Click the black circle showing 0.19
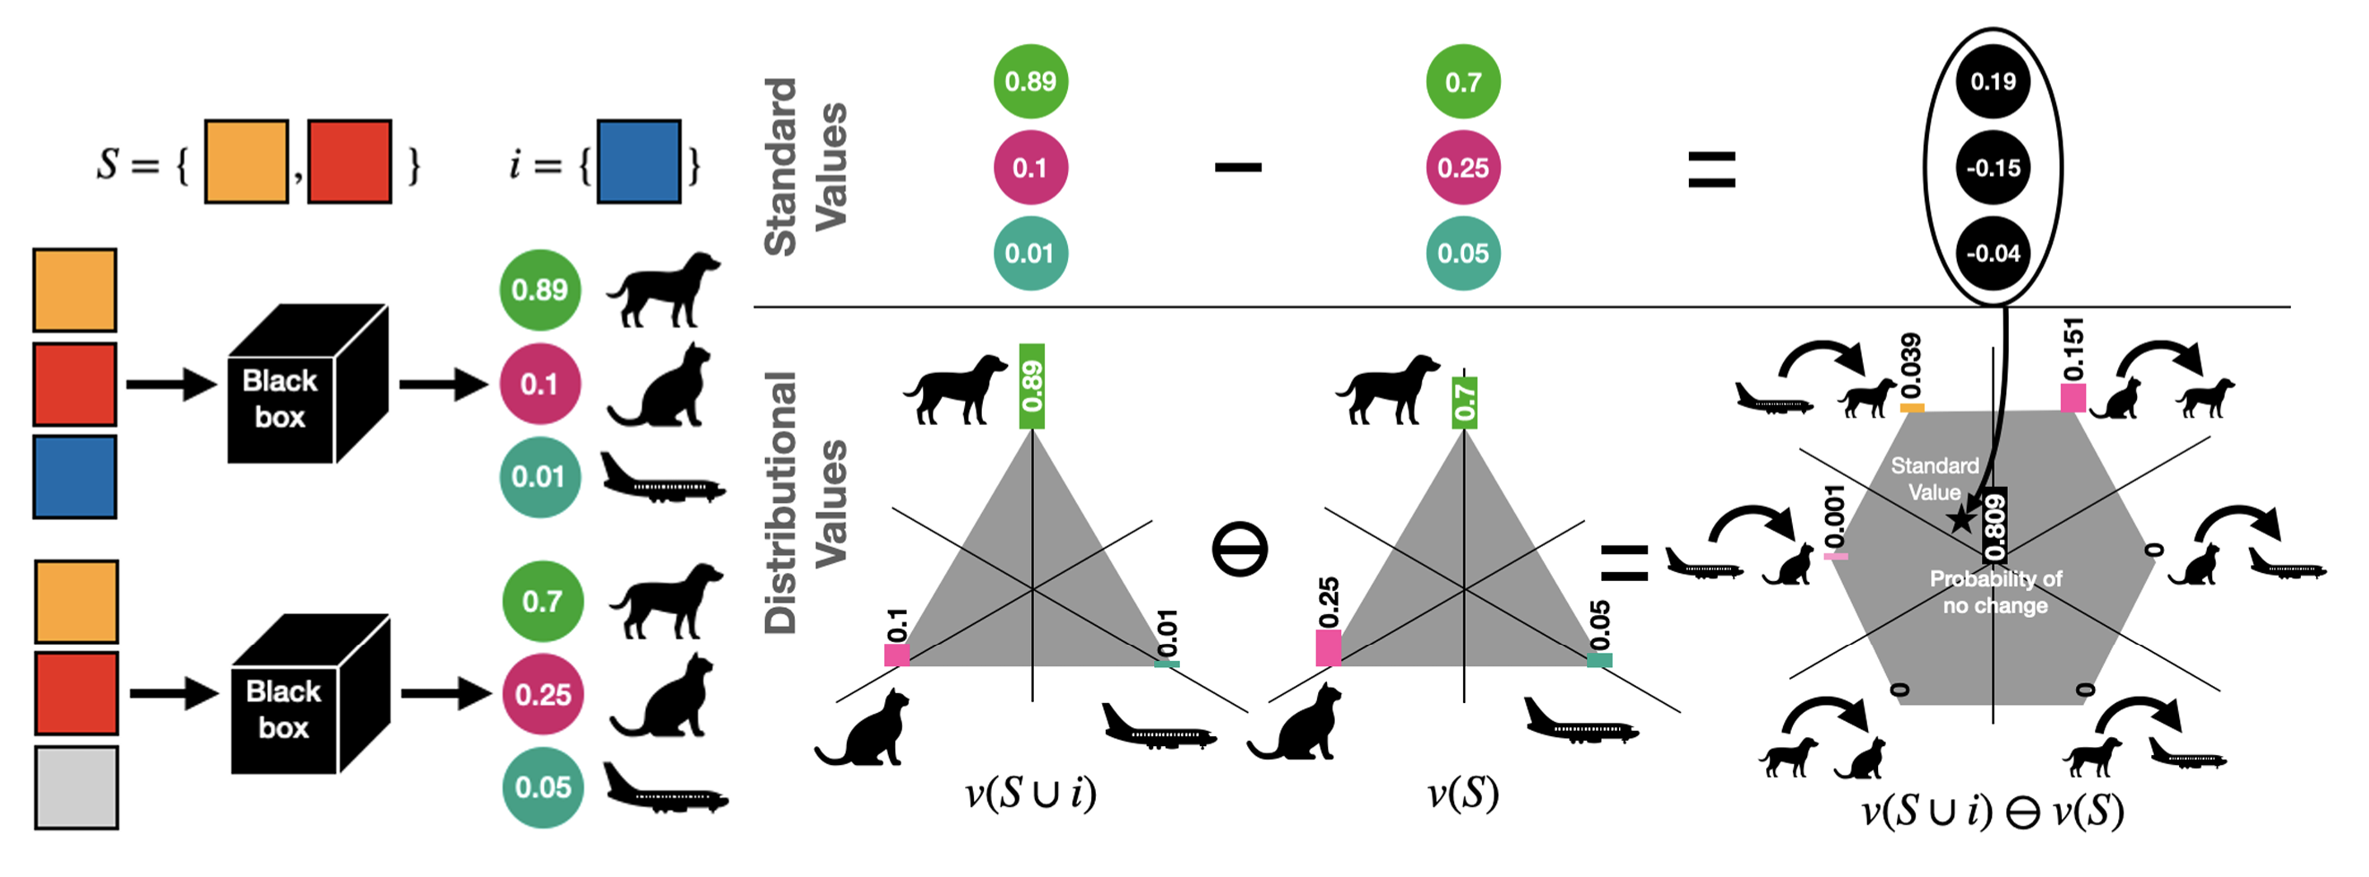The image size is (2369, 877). click(1992, 82)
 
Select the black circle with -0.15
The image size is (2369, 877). click(1992, 168)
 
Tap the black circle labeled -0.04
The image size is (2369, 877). click(1992, 253)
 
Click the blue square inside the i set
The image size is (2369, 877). click(638, 161)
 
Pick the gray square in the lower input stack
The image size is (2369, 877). click(76, 787)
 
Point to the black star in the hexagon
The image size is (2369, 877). click(1960, 520)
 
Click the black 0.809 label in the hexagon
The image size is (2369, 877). click(1994, 525)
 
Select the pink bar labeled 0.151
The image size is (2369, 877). click(2072, 397)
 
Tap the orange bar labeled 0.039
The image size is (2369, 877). click(1912, 407)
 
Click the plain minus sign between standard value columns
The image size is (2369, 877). click(1238, 168)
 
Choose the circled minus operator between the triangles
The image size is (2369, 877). click(1240, 550)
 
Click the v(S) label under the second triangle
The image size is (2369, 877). click(1462, 794)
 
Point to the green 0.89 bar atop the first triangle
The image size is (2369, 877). click(1032, 386)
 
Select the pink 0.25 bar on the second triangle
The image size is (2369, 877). click(1328, 647)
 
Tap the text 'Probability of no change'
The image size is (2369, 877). click(1994, 592)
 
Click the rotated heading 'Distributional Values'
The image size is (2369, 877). click(805, 502)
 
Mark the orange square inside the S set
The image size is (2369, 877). click(246, 161)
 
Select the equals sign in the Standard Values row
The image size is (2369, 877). click(1710, 170)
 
